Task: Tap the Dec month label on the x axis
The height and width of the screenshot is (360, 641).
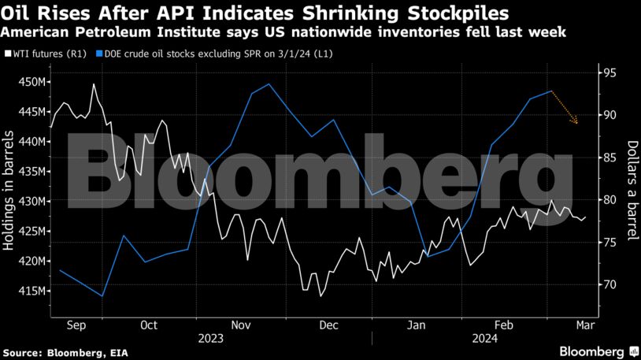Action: pos(328,324)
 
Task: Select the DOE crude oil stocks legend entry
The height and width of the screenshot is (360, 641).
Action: pos(188,54)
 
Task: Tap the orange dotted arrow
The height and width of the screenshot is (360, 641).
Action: pos(565,108)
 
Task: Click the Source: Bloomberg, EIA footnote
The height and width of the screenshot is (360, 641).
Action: pos(58,351)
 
